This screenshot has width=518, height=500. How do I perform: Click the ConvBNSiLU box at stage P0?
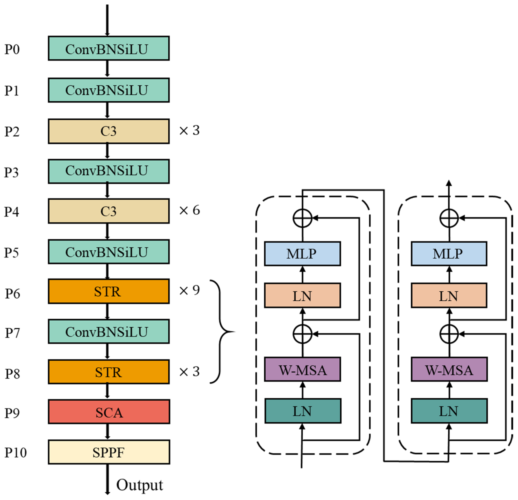(x=109, y=48)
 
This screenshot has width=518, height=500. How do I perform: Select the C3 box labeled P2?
(x=109, y=131)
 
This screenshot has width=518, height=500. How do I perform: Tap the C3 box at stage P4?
(x=109, y=211)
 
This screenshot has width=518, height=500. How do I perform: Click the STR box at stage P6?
(x=109, y=291)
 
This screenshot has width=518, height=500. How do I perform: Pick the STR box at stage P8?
(x=109, y=372)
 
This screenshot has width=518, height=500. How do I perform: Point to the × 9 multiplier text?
(x=189, y=290)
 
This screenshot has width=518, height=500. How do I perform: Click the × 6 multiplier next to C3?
(x=189, y=210)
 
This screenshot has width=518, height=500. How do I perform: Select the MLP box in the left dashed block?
(x=302, y=254)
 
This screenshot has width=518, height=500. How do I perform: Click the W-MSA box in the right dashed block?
(x=449, y=370)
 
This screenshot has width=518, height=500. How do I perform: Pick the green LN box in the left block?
(x=303, y=411)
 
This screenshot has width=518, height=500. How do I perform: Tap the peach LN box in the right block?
(x=449, y=295)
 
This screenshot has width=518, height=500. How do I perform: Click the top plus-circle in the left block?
(x=303, y=218)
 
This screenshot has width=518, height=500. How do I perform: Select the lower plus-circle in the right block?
(x=449, y=334)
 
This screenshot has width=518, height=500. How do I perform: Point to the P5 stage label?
(x=11, y=252)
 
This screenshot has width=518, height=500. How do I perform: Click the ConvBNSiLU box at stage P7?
(x=109, y=332)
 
